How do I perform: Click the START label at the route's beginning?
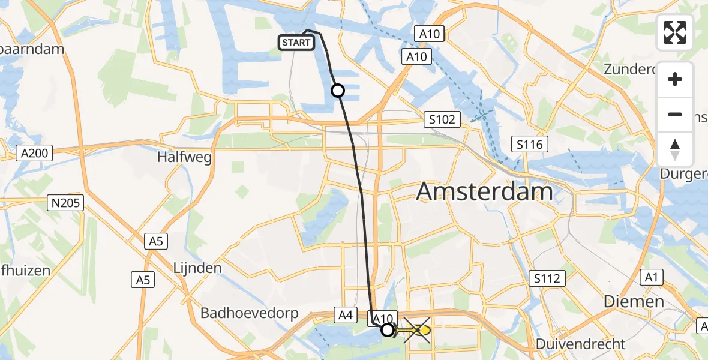pyautogui.click(x=296, y=43)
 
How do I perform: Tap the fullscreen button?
pyautogui.click(x=675, y=32)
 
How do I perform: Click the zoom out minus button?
pyautogui.click(x=675, y=114)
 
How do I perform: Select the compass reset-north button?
pyautogui.click(x=675, y=149)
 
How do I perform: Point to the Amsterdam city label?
pyautogui.click(x=484, y=191)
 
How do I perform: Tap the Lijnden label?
pyautogui.click(x=197, y=268)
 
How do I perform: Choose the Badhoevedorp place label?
pyautogui.click(x=246, y=313)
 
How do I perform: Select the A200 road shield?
pyautogui.click(x=34, y=153)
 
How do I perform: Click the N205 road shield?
pyautogui.click(x=66, y=203)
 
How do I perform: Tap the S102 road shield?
pyautogui.click(x=442, y=119)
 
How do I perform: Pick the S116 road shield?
pyautogui.click(x=530, y=144)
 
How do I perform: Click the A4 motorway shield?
pyautogui.click(x=345, y=314)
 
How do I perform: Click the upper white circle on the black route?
pyautogui.click(x=338, y=91)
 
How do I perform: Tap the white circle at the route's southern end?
pyautogui.click(x=388, y=330)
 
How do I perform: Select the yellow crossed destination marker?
pyautogui.click(x=418, y=331)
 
